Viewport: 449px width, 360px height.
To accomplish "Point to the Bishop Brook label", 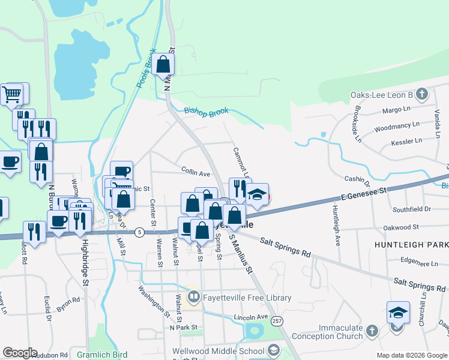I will tap(206, 112).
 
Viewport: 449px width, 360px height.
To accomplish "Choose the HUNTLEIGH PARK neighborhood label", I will tap(411, 245).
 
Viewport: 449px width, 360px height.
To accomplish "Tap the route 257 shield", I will tap(276, 322).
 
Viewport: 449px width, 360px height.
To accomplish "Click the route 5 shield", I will tap(139, 232).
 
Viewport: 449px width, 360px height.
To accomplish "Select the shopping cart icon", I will tap(12, 94).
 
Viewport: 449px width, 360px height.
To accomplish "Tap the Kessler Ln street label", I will tap(406, 142).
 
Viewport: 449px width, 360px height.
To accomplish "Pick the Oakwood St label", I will tap(402, 228).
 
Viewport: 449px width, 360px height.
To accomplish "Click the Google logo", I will tap(20, 352).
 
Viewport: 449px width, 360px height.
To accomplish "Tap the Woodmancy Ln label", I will tap(396, 127).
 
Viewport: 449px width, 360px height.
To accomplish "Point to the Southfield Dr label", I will tap(412, 209).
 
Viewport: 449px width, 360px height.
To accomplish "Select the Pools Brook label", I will tap(146, 68).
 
